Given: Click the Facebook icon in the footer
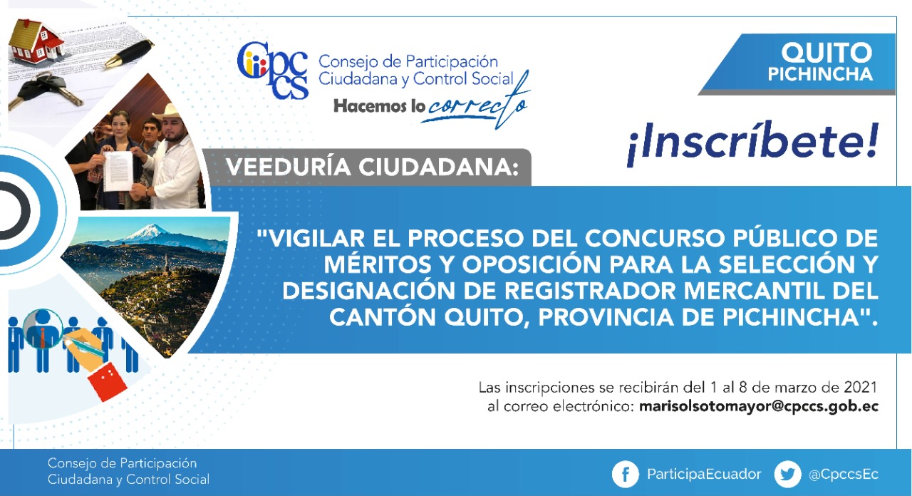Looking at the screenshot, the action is pos(626,474).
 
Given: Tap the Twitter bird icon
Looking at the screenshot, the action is pos(787,474).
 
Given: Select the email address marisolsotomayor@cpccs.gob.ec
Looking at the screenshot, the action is pos(759,407).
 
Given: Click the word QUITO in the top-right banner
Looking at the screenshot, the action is pos(826,53).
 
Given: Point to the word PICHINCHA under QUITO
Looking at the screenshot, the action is pos(820,74).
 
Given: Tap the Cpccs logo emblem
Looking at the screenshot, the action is pos(273,70).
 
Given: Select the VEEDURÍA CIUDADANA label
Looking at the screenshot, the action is pos(372,167).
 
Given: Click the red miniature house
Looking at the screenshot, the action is pos(36,41).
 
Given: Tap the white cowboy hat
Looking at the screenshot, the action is pos(167,112).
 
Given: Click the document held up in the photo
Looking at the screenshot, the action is pos(118,170).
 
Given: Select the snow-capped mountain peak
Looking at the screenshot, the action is pos(147,232).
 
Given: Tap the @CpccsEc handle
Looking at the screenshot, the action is pos(843,475).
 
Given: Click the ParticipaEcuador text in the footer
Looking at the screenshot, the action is pos(704,475).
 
